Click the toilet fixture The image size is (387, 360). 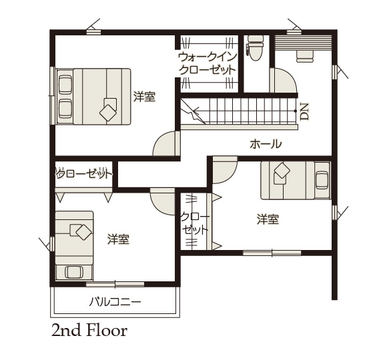click(x=255, y=48)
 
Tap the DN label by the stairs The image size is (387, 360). click(x=305, y=111)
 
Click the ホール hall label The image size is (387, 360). click(x=266, y=144)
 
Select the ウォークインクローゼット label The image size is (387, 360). click(x=208, y=63)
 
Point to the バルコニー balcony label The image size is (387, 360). click(x=115, y=302)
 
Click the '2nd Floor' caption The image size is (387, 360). click(x=89, y=331)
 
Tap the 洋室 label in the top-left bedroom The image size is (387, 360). click(x=145, y=97)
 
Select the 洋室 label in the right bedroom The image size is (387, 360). click(x=268, y=219)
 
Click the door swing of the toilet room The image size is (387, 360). click(x=284, y=80)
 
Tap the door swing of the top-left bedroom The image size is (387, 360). click(x=166, y=143)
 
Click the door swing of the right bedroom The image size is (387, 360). click(x=225, y=170)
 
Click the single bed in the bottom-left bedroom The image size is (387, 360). click(x=74, y=245)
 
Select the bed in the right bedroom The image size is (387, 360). click(x=296, y=180)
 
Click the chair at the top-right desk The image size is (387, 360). click(x=305, y=56)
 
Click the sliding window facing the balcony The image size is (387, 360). click(x=115, y=284)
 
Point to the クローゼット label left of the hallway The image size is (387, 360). click(x=83, y=174)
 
